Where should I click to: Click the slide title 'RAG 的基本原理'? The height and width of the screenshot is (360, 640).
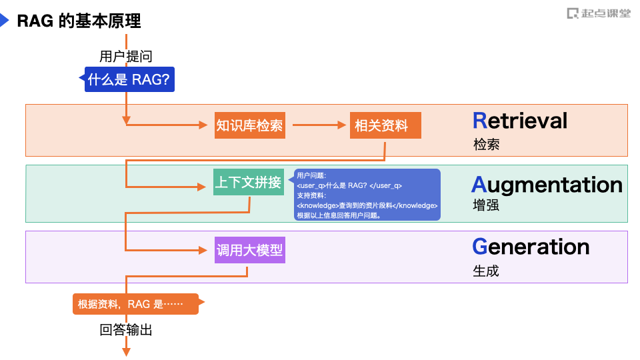tap(79, 21)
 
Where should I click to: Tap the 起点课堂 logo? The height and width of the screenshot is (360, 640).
tap(598, 13)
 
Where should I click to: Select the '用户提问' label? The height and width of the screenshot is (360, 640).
tap(126, 57)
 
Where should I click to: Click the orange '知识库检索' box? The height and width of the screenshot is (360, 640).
tap(249, 125)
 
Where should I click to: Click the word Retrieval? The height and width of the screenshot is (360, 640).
tap(520, 121)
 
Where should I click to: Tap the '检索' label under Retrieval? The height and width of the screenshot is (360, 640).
tap(486, 144)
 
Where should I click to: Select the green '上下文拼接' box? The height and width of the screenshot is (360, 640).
tap(249, 183)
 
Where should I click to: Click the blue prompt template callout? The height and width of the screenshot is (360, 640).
tap(367, 194)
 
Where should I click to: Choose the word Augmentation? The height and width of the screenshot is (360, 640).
tap(547, 184)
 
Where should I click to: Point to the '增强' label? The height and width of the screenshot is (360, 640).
tap(486, 205)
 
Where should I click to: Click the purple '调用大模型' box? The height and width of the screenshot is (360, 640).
tap(249, 250)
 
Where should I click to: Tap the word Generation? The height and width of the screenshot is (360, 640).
tap(531, 247)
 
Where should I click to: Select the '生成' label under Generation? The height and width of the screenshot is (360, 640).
tap(486, 271)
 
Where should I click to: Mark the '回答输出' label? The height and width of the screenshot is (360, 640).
tap(126, 329)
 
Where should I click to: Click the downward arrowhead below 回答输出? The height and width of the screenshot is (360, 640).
tap(126, 350)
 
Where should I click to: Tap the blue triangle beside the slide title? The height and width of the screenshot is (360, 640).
tap(5, 21)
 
